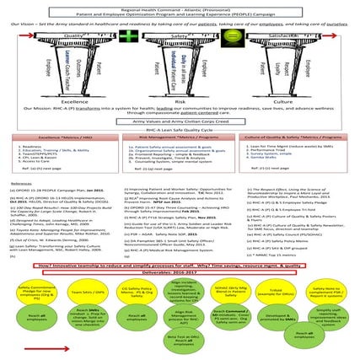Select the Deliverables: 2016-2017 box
tap(180, 274)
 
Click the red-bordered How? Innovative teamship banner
tap(180, 266)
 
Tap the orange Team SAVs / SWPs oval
tap(81, 291)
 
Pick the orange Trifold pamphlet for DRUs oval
tap(279, 291)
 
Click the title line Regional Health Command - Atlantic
tap(180, 4)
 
